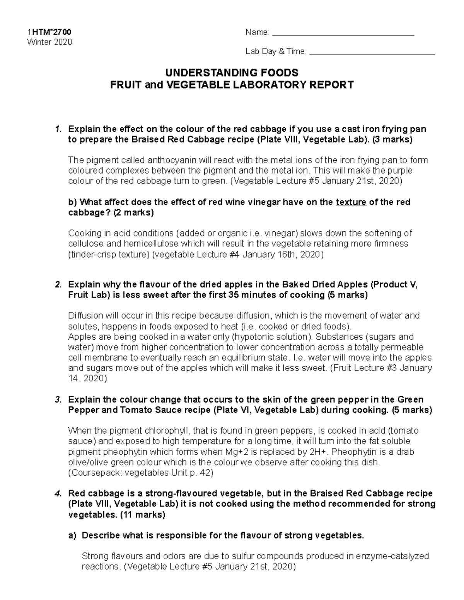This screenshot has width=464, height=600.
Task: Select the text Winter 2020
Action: tap(49, 42)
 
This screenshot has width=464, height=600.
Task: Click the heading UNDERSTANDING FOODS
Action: tap(232, 73)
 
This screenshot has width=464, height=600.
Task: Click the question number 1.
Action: tap(58, 129)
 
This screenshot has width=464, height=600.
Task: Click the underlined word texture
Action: tap(351, 202)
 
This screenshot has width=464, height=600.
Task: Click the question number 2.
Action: tap(58, 285)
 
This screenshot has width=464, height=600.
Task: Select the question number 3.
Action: tap(58, 399)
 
